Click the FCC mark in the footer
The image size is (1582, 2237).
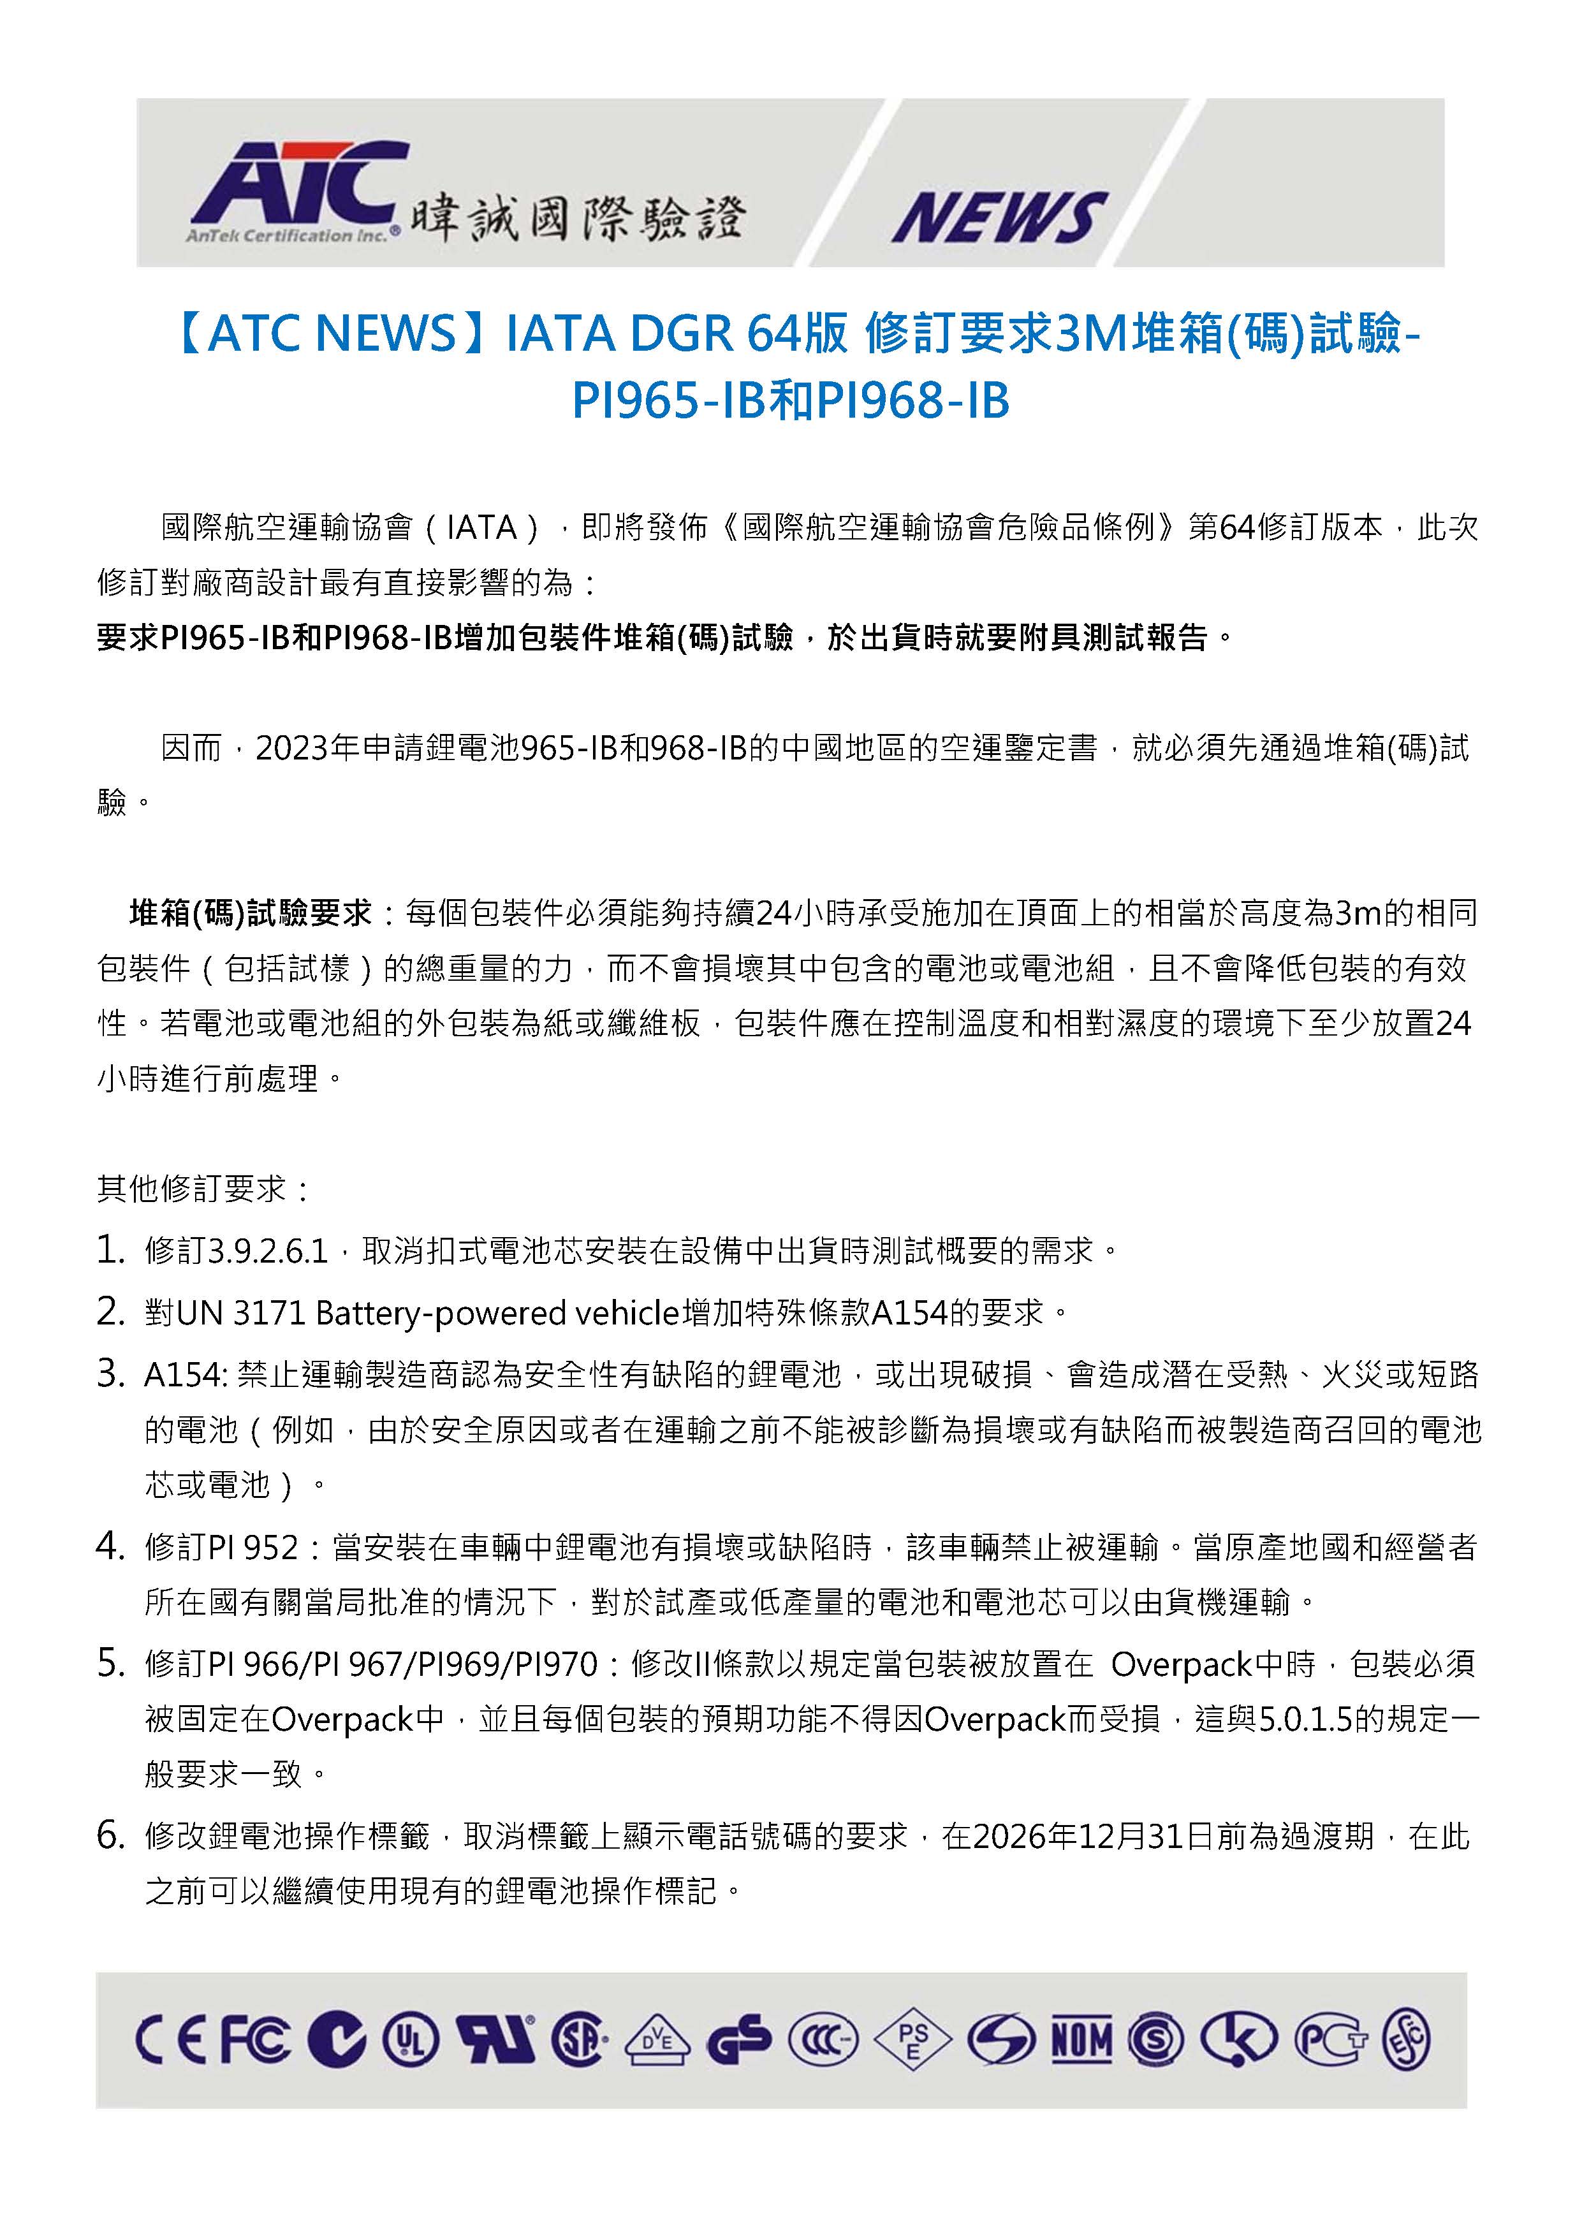[254, 2039]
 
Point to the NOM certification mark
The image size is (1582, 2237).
[1081, 2039]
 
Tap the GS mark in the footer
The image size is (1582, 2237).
[738, 2039]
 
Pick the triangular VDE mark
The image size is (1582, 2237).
[657, 2039]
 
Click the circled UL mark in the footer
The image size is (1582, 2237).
[411, 2039]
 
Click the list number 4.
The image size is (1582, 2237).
[110, 1546]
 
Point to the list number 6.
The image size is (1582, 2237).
[110, 1836]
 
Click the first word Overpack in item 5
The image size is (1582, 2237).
[1181, 1664]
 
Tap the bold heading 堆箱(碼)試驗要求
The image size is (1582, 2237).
[251, 913]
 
